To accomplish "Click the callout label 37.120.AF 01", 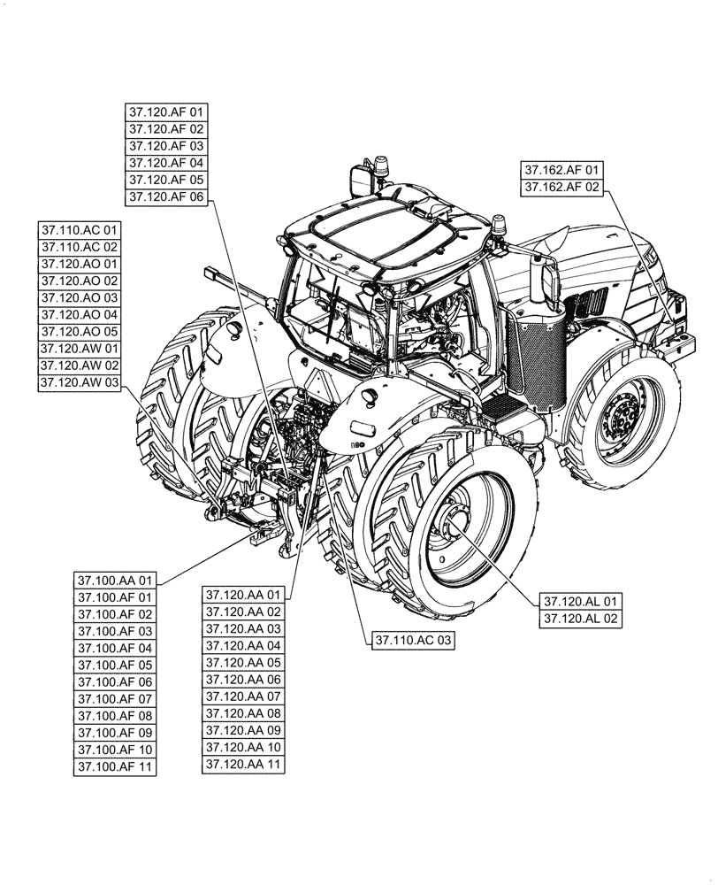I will coord(165,112).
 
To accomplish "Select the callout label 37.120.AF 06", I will coord(165,196).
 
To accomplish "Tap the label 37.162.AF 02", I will coord(561,187).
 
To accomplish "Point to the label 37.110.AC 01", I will coord(80,231).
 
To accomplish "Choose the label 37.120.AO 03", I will coord(80,298).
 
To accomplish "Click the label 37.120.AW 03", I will coord(80,382).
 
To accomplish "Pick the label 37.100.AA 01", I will coord(115,581).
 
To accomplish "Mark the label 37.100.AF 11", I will coord(115,766).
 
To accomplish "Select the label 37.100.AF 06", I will coord(115,682).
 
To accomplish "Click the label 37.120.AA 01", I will coord(243,595).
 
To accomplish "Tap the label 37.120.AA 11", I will coord(243,763).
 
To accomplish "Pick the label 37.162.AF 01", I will coord(561,170).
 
